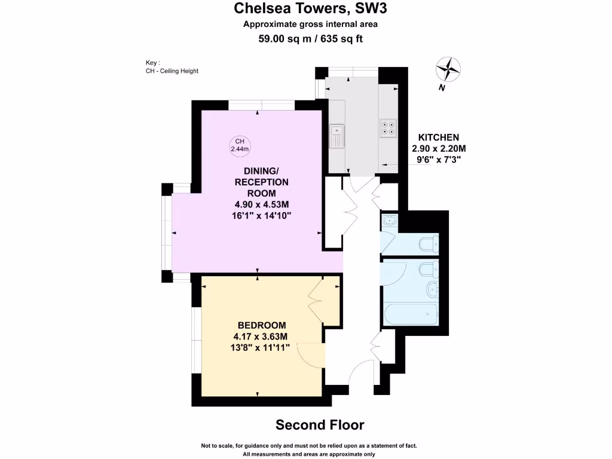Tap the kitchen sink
338,136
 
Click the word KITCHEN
438,137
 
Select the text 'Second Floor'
319,425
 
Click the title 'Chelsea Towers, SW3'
305,8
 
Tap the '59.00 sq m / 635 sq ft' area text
310,39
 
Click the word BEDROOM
262,325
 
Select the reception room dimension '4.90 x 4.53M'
262,204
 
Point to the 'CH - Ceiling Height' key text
172,71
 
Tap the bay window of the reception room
168,232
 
